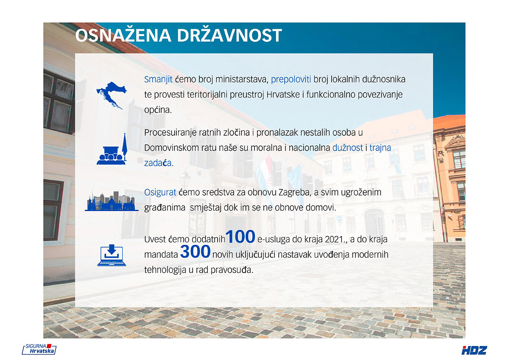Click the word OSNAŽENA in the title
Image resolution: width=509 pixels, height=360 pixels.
[x=123, y=35]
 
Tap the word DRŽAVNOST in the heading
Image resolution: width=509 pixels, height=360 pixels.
[x=229, y=35]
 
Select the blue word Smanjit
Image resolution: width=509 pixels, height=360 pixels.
[x=158, y=79]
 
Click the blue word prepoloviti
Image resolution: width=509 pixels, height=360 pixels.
[x=291, y=80]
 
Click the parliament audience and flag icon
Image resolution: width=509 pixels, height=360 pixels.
[x=112, y=149]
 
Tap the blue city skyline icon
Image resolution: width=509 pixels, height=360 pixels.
[x=112, y=201]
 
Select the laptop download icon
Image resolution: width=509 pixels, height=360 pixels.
[x=112, y=255]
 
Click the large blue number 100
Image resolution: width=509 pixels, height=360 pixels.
[x=240, y=237]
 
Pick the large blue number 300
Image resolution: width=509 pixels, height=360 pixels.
[x=195, y=251]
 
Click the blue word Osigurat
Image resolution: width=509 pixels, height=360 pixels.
[x=160, y=192]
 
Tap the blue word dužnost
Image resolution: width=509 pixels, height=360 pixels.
[x=348, y=148]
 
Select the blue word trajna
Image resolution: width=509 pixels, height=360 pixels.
[x=380, y=148]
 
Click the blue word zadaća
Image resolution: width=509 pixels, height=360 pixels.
[x=158, y=163]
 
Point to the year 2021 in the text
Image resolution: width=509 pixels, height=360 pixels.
[x=335, y=239]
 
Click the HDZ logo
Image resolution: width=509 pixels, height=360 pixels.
[x=474, y=350]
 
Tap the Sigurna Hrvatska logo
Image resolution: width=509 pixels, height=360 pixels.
[x=39, y=349]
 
